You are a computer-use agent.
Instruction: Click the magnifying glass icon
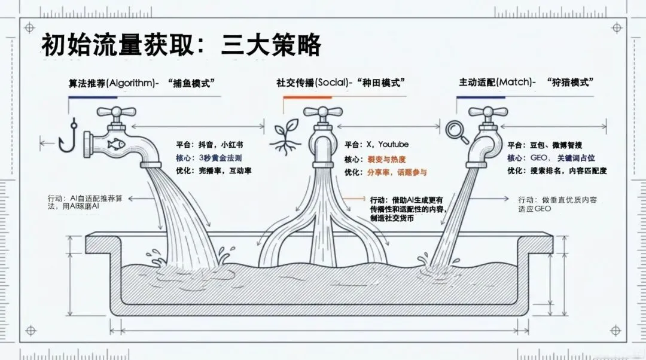click(456, 130)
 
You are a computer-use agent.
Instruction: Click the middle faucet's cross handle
click(322, 112)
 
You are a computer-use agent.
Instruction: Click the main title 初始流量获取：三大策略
click(181, 44)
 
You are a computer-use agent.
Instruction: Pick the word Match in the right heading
click(514, 83)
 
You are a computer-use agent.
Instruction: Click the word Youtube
click(393, 144)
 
